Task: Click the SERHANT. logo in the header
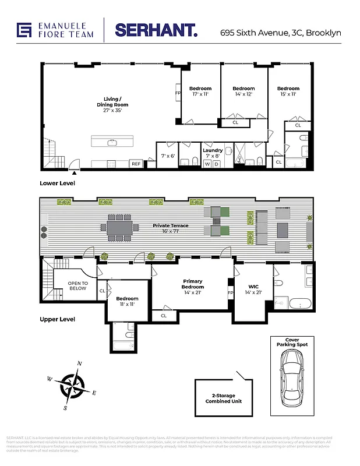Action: point(156,31)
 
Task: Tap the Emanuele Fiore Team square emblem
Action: point(24,30)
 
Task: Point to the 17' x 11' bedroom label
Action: point(200,91)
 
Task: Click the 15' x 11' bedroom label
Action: point(288,91)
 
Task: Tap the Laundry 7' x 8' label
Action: point(213,153)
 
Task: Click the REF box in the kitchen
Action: point(136,164)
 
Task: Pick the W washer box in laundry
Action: point(207,164)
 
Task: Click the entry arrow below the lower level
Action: point(73,172)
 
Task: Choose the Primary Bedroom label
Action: point(193,284)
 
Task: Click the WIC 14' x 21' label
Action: point(253,289)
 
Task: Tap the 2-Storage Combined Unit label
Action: point(224,398)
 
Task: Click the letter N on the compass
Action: point(79,363)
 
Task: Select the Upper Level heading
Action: point(57,319)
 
